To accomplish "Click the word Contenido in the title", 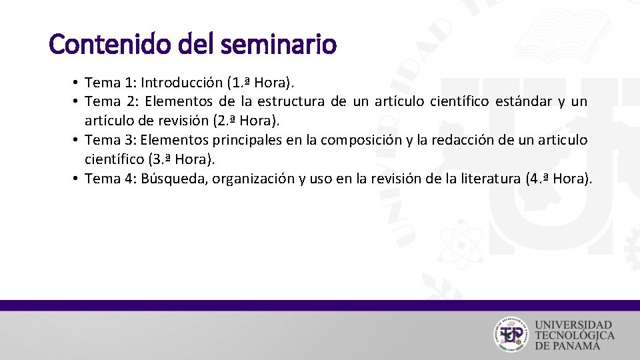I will [x=97, y=45].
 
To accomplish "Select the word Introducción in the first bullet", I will [x=184, y=83].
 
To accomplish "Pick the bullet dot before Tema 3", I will [x=77, y=140].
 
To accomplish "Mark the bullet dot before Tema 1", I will [x=77, y=83].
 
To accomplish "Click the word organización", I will [x=257, y=178].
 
